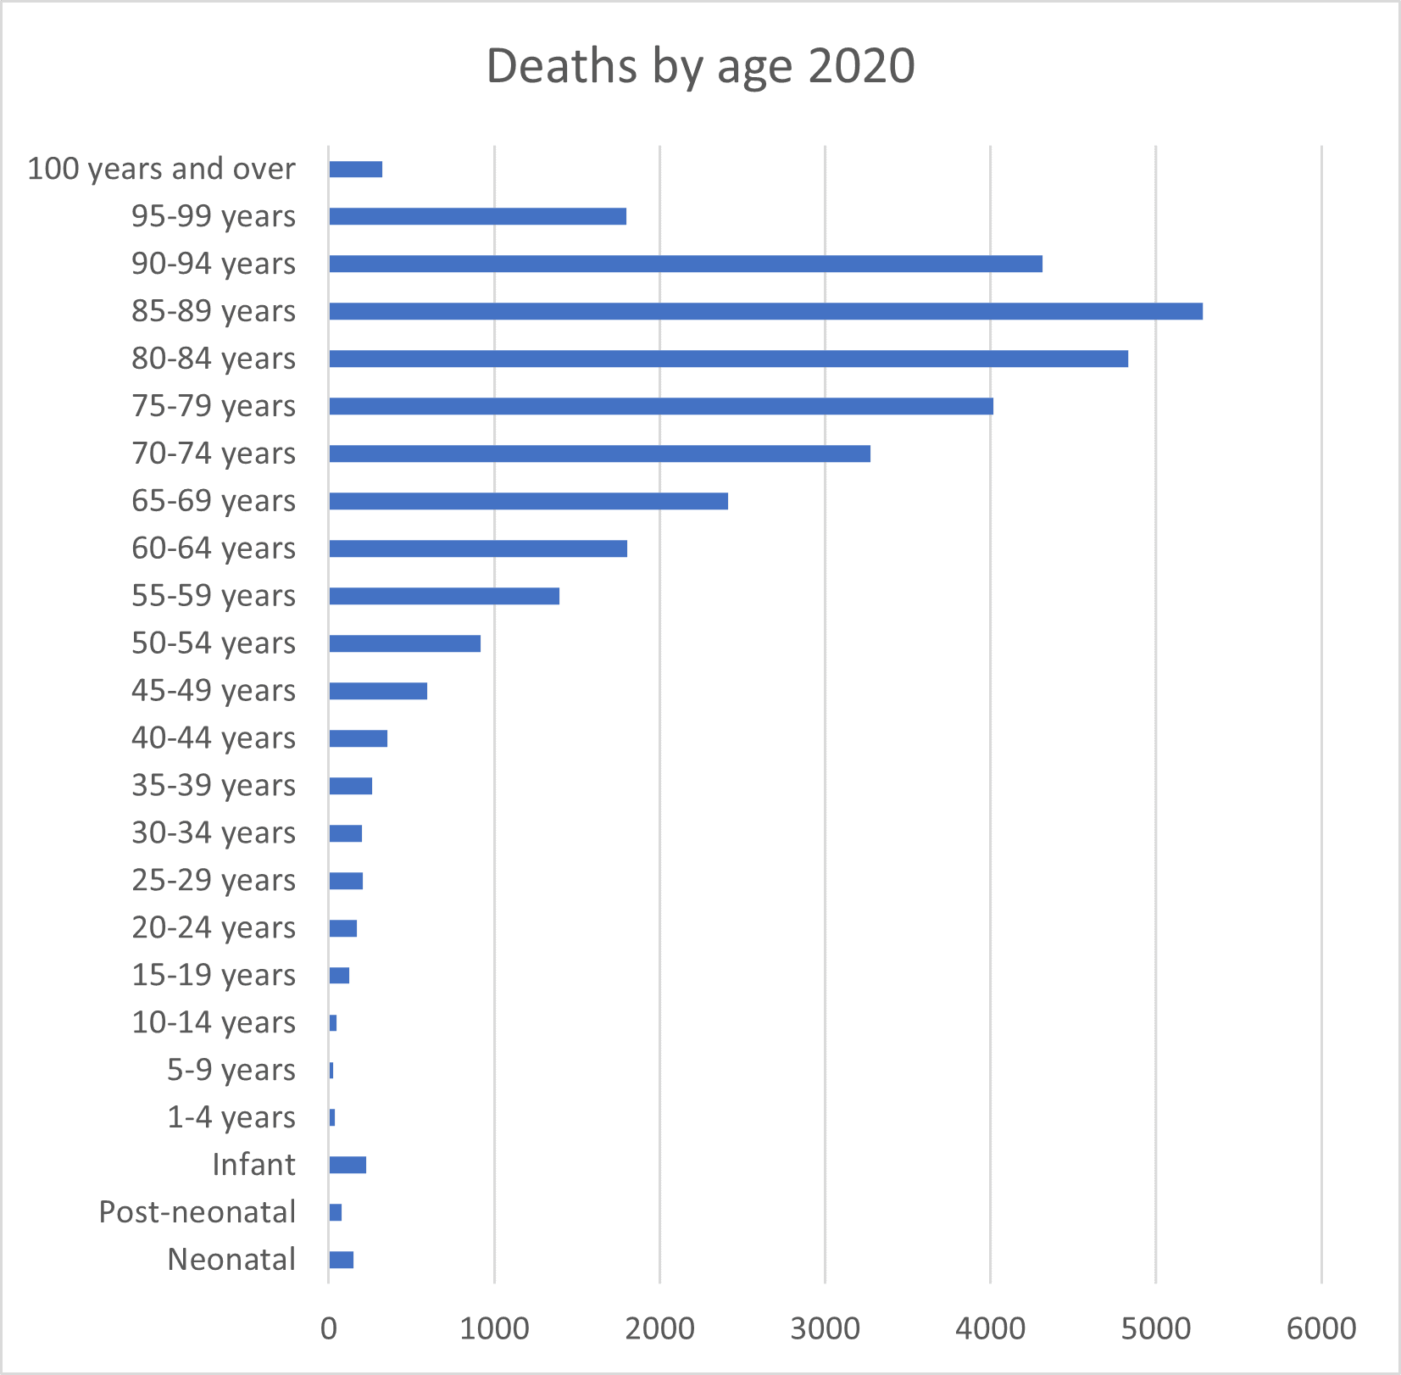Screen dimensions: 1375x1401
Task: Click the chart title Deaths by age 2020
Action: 700,66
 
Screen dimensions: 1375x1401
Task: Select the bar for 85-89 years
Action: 765,311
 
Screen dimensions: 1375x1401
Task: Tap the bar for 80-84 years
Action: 728,359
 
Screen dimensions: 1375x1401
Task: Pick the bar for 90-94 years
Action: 685,264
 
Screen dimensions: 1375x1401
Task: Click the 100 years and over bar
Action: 355,169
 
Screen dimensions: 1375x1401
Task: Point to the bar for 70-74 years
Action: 599,454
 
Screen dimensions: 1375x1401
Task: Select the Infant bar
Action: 347,1165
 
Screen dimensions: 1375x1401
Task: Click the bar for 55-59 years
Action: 444,596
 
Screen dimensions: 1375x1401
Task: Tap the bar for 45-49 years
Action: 378,691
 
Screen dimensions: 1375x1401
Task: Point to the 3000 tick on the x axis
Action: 825,1328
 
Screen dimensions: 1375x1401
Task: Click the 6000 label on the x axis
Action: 1320,1328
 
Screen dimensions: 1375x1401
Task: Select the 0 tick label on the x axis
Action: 329,1328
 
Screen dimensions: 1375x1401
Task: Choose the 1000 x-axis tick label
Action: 494,1328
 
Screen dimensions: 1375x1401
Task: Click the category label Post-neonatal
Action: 197,1212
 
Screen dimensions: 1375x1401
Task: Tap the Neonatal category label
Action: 231,1260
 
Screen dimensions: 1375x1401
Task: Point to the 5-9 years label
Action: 231,1070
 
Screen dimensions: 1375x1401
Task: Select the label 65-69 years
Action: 214,501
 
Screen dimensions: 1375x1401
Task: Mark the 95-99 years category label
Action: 214,216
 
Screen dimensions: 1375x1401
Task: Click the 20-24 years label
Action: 214,927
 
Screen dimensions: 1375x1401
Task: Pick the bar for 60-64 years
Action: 478,548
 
